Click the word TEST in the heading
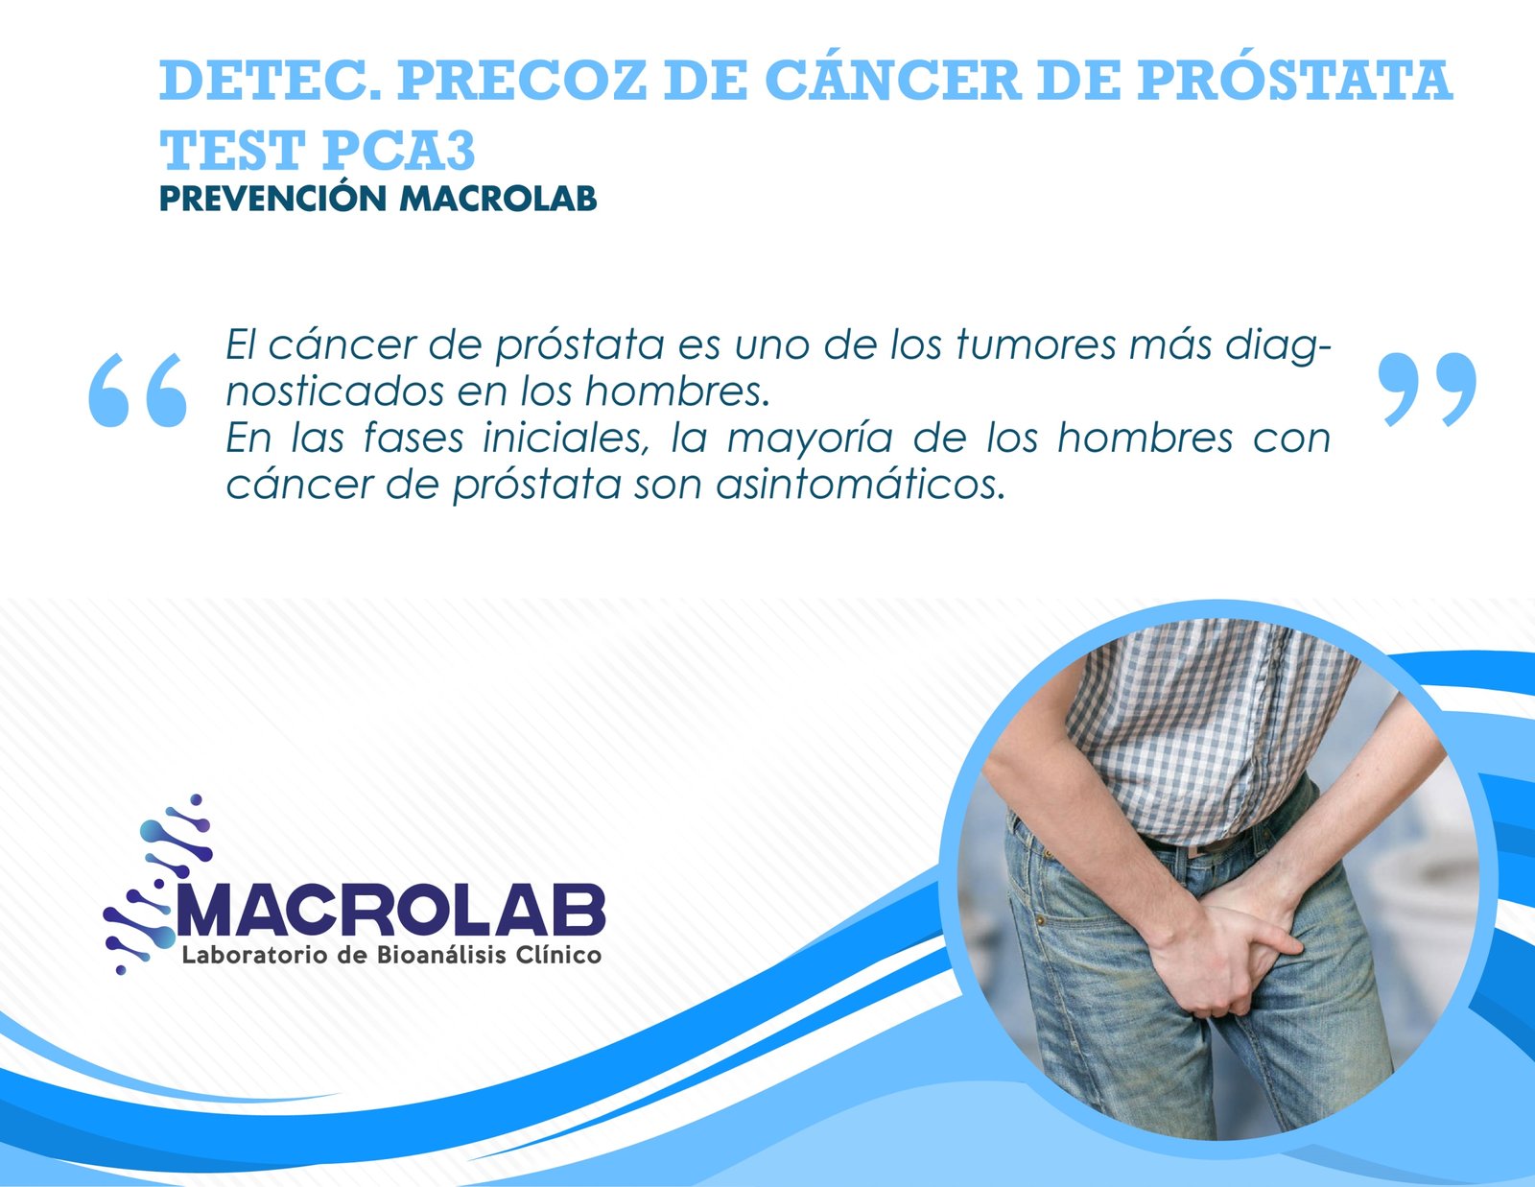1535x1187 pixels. pyautogui.click(x=230, y=150)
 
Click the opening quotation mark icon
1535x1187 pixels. pyautogui.click(x=137, y=389)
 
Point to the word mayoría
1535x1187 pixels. pyautogui.click(x=810, y=439)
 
